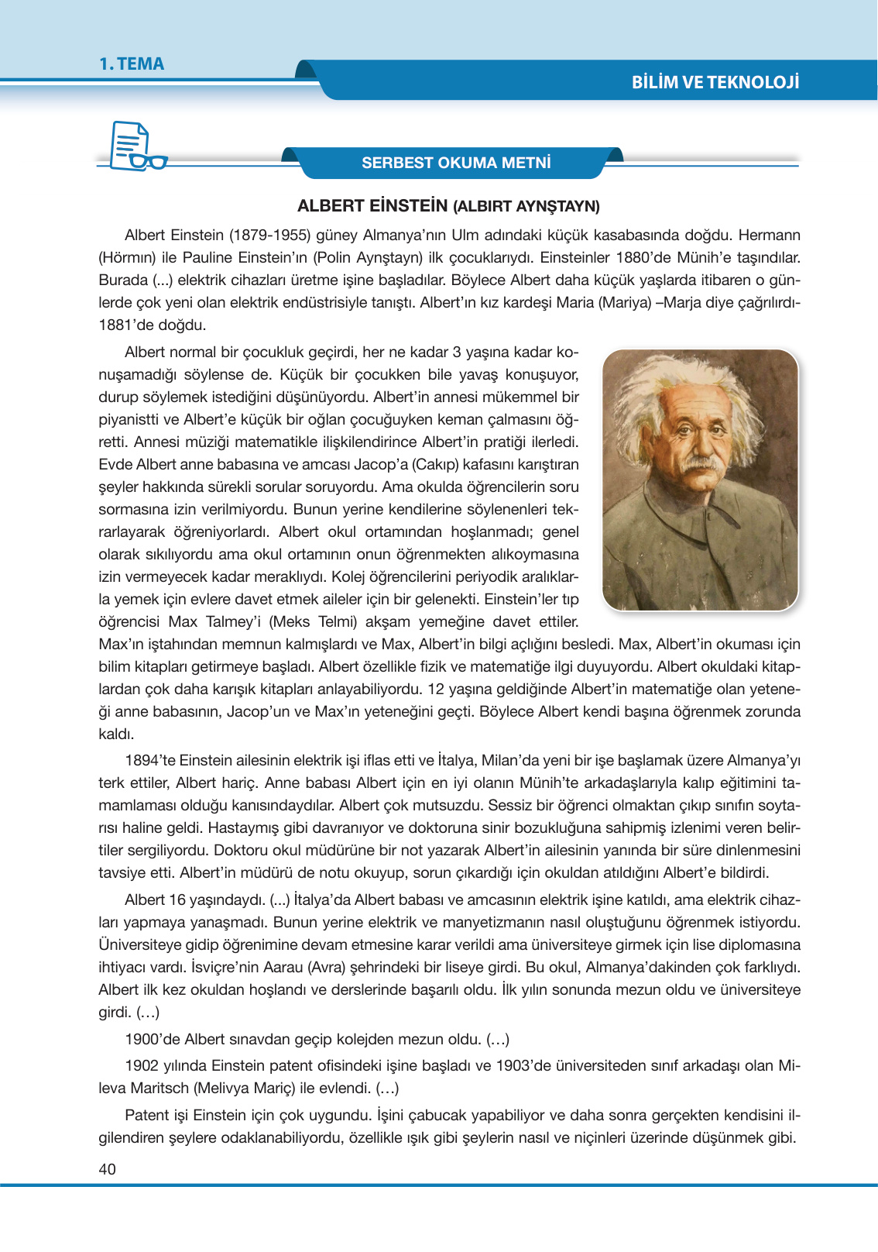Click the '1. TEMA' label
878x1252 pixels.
[132, 64]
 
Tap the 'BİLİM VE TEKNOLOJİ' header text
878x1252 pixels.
[715, 82]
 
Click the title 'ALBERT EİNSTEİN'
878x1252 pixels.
[372, 206]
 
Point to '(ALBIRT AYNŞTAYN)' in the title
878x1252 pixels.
[526, 207]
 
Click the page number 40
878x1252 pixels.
[107, 1169]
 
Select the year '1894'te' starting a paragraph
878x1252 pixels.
[150, 761]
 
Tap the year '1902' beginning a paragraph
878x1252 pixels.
[142, 1066]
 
